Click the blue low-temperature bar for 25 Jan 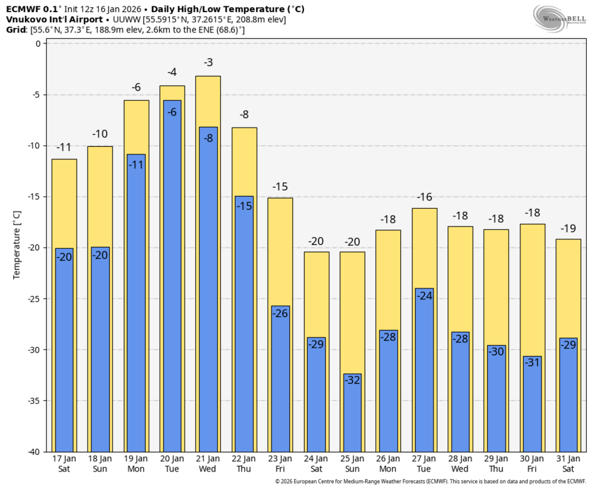(x=352, y=415)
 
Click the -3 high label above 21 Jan (x=208, y=63)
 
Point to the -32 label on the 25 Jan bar (x=352, y=380)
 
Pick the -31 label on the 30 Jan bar (x=532, y=362)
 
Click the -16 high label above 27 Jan (x=425, y=197)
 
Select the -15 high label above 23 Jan (x=280, y=186)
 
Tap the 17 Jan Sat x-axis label (x=64, y=464)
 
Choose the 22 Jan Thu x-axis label (x=244, y=464)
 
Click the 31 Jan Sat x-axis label (x=568, y=464)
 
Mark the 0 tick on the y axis (x=38, y=43)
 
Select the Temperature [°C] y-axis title (x=17, y=244)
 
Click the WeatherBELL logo (x=560, y=19)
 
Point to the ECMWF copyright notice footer (x=430, y=482)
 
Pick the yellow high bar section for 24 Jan (x=316, y=293)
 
